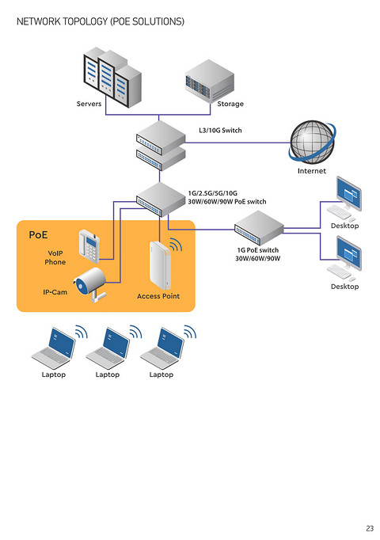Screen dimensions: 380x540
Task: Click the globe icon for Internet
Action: click(x=312, y=142)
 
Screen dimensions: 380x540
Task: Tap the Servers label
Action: click(x=89, y=104)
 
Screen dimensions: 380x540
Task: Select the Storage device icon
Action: click(x=210, y=81)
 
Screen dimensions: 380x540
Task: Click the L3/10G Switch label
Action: click(x=220, y=130)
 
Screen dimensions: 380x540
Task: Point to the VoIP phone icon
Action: click(x=89, y=246)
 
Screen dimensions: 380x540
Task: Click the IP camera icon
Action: click(x=89, y=283)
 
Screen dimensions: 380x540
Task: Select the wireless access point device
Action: click(x=160, y=265)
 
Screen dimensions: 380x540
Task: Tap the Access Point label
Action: click(x=158, y=296)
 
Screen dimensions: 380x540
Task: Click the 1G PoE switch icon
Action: click(x=259, y=228)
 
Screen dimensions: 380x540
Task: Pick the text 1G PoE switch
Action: click(x=258, y=250)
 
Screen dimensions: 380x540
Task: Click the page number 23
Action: click(x=370, y=528)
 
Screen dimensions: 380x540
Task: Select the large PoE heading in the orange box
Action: click(x=38, y=235)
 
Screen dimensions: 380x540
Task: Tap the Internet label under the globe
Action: click(x=311, y=171)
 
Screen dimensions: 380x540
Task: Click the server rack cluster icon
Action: click(x=112, y=78)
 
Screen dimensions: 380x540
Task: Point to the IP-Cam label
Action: click(x=55, y=292)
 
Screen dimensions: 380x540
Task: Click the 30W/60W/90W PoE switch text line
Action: click(x=227, y=201)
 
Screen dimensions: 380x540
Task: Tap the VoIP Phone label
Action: click(x=55, y=257)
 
